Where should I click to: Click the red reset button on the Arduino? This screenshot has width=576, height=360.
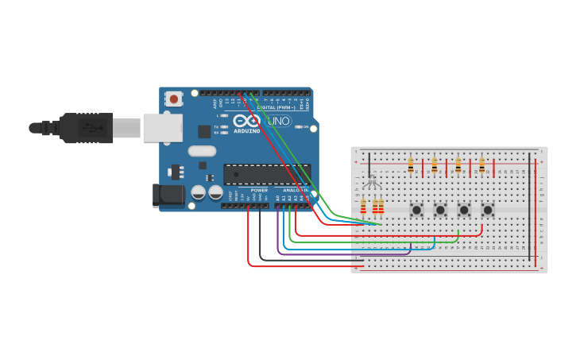point(173,99)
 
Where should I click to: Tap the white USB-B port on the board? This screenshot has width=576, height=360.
point(162,127)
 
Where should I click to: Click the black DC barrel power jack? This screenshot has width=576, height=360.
point(168,195)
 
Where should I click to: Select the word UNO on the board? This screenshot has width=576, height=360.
point(278,122)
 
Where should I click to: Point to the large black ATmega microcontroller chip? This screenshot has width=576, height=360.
point(255,174)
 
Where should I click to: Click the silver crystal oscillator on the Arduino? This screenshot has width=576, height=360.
point(202,151)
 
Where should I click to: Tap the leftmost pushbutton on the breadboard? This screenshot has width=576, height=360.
point(416,210)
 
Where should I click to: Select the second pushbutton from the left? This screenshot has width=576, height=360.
point(440,210)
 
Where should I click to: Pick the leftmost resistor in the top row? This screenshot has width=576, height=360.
point(410,165)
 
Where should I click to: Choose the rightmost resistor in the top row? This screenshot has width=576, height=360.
point(481,165)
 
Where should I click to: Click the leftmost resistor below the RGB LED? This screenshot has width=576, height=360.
point(364,207)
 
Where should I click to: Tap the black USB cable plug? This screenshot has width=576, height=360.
point(79,127)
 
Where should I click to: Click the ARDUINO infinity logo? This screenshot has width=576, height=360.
point(246,121)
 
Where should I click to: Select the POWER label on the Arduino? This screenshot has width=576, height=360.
point(259,191)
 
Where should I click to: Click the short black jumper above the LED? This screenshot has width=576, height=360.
point(369,165)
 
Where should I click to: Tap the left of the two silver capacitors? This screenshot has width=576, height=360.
point(198,192)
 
